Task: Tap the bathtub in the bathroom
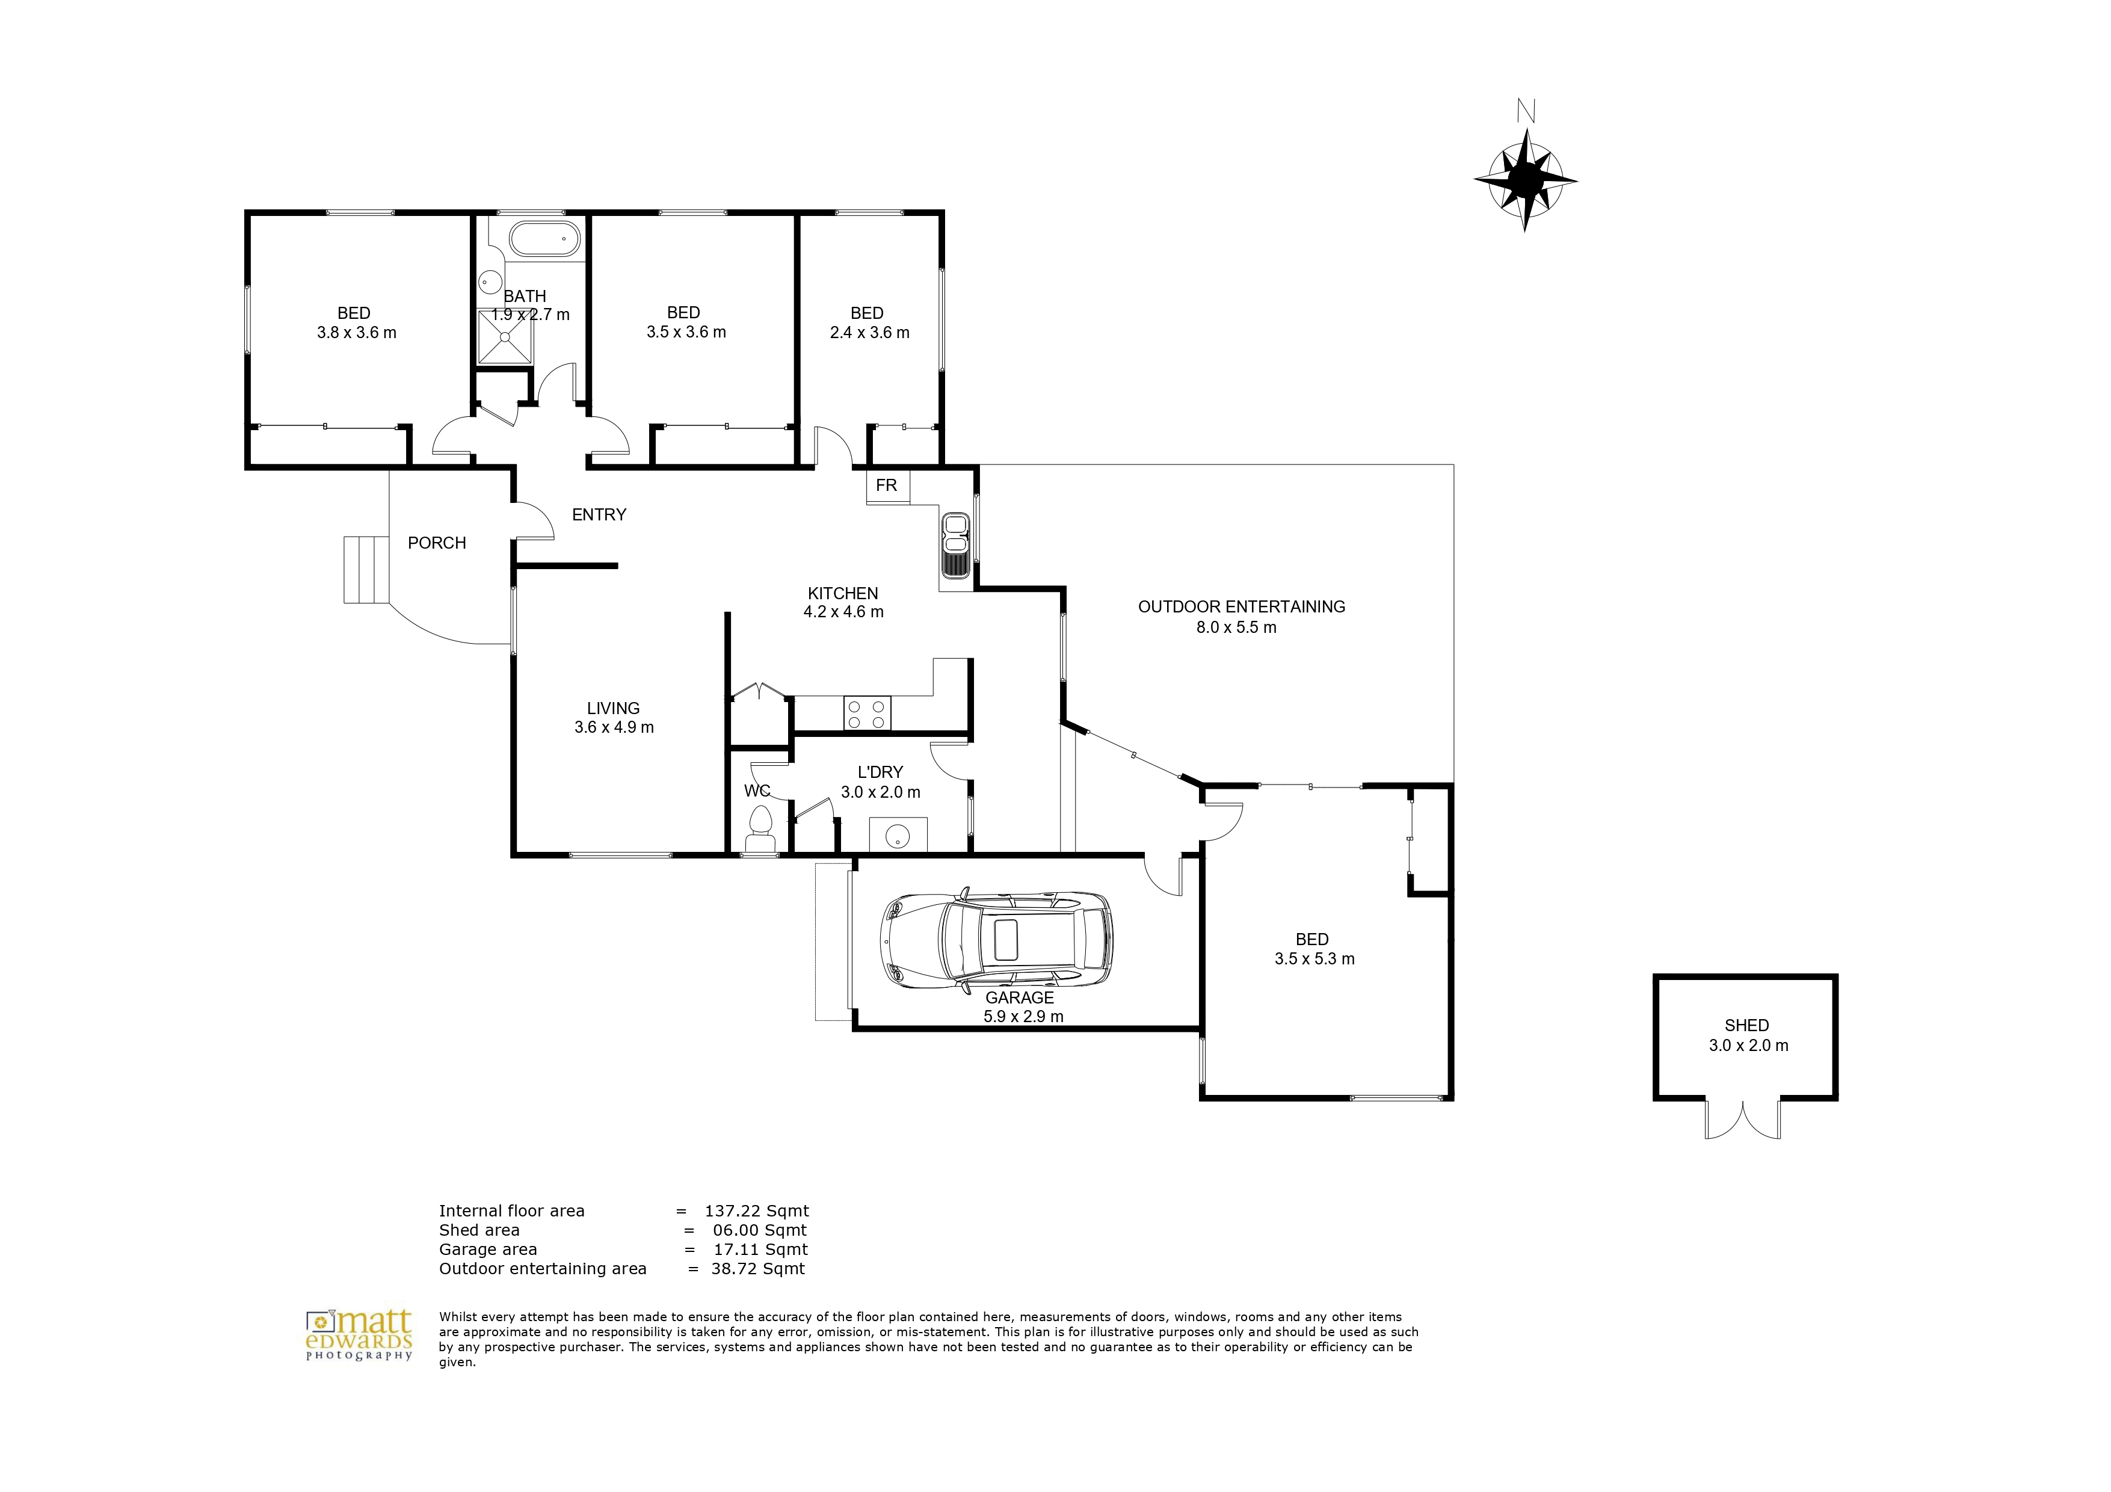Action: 545,238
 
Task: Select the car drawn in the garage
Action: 997,940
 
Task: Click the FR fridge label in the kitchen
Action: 886,486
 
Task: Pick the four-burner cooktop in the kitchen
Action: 867,714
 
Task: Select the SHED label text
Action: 1747,1025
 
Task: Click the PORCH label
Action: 437,543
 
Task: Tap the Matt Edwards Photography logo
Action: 360,1336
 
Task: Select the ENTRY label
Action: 599,515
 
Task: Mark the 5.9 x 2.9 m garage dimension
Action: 1023,1017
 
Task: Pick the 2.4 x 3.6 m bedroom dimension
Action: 870,333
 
